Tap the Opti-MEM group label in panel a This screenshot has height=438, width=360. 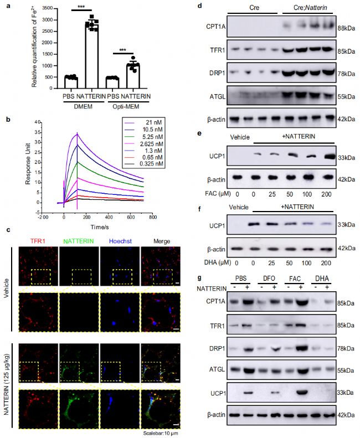pyautogui.click(x=134, y=103)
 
